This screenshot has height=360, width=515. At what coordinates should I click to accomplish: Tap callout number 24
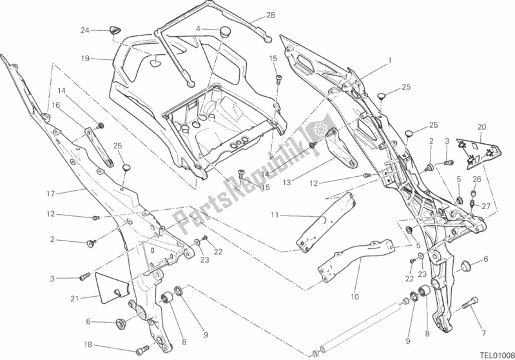tap(84, 30)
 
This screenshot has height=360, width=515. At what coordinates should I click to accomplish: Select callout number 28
tap(270, 15)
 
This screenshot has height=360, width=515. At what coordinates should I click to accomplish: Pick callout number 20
tap(481, 126)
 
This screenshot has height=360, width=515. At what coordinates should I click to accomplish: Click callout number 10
tap(354, 297)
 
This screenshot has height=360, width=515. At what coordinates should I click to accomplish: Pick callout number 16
tap(55, 105)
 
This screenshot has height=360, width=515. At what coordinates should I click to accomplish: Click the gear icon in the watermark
tap(319, 130)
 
